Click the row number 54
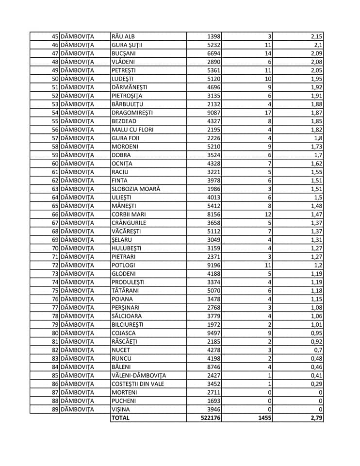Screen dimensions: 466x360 point(55,112)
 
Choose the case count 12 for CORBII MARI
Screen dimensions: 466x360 point(267,214)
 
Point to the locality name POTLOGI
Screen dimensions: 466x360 point(123,265)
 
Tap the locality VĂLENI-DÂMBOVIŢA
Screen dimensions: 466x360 point(139,375)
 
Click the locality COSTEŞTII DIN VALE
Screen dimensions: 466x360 point(138,383)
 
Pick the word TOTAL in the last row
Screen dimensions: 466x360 point(121,417)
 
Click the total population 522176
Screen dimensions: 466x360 point(211,417)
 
